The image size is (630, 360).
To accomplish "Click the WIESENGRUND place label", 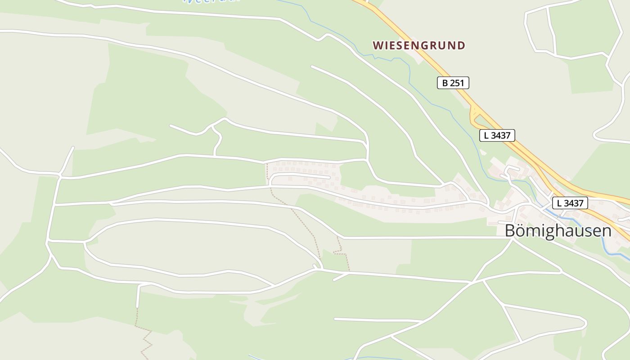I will tap(419, 45).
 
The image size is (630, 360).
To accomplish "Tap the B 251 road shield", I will tap(453, 83).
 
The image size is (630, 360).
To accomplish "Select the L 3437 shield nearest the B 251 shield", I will tap(497, 135).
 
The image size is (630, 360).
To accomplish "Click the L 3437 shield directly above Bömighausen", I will tap(569, 203).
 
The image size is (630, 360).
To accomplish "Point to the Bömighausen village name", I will tap(558, 231).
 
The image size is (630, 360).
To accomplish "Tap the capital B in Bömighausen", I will tap(510, 231).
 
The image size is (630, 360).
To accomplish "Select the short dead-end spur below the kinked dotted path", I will tap(341, 276).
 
